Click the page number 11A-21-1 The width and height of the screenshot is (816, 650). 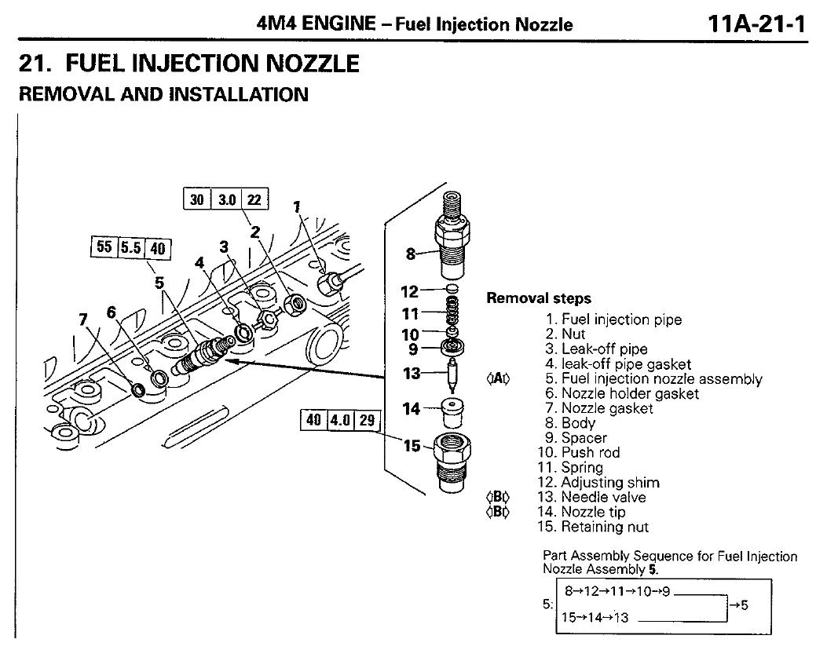(x=756, y=24)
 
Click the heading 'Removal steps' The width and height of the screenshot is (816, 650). (x=539, y=298)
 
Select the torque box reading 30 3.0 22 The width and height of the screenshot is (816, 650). (x=225, y=199)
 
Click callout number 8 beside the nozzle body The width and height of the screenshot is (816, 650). (x=410, y=254)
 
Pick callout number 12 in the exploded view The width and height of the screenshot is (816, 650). (x=410, y=292)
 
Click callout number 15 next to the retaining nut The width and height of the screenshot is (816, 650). (x=412, y=446)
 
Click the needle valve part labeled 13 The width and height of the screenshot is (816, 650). (x=453, y=374)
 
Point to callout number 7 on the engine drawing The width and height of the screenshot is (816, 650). (x=84, y=320)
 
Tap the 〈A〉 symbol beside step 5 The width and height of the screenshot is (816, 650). (x=498, y=379)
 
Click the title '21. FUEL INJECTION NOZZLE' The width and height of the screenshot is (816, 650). (x=188, y=63)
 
